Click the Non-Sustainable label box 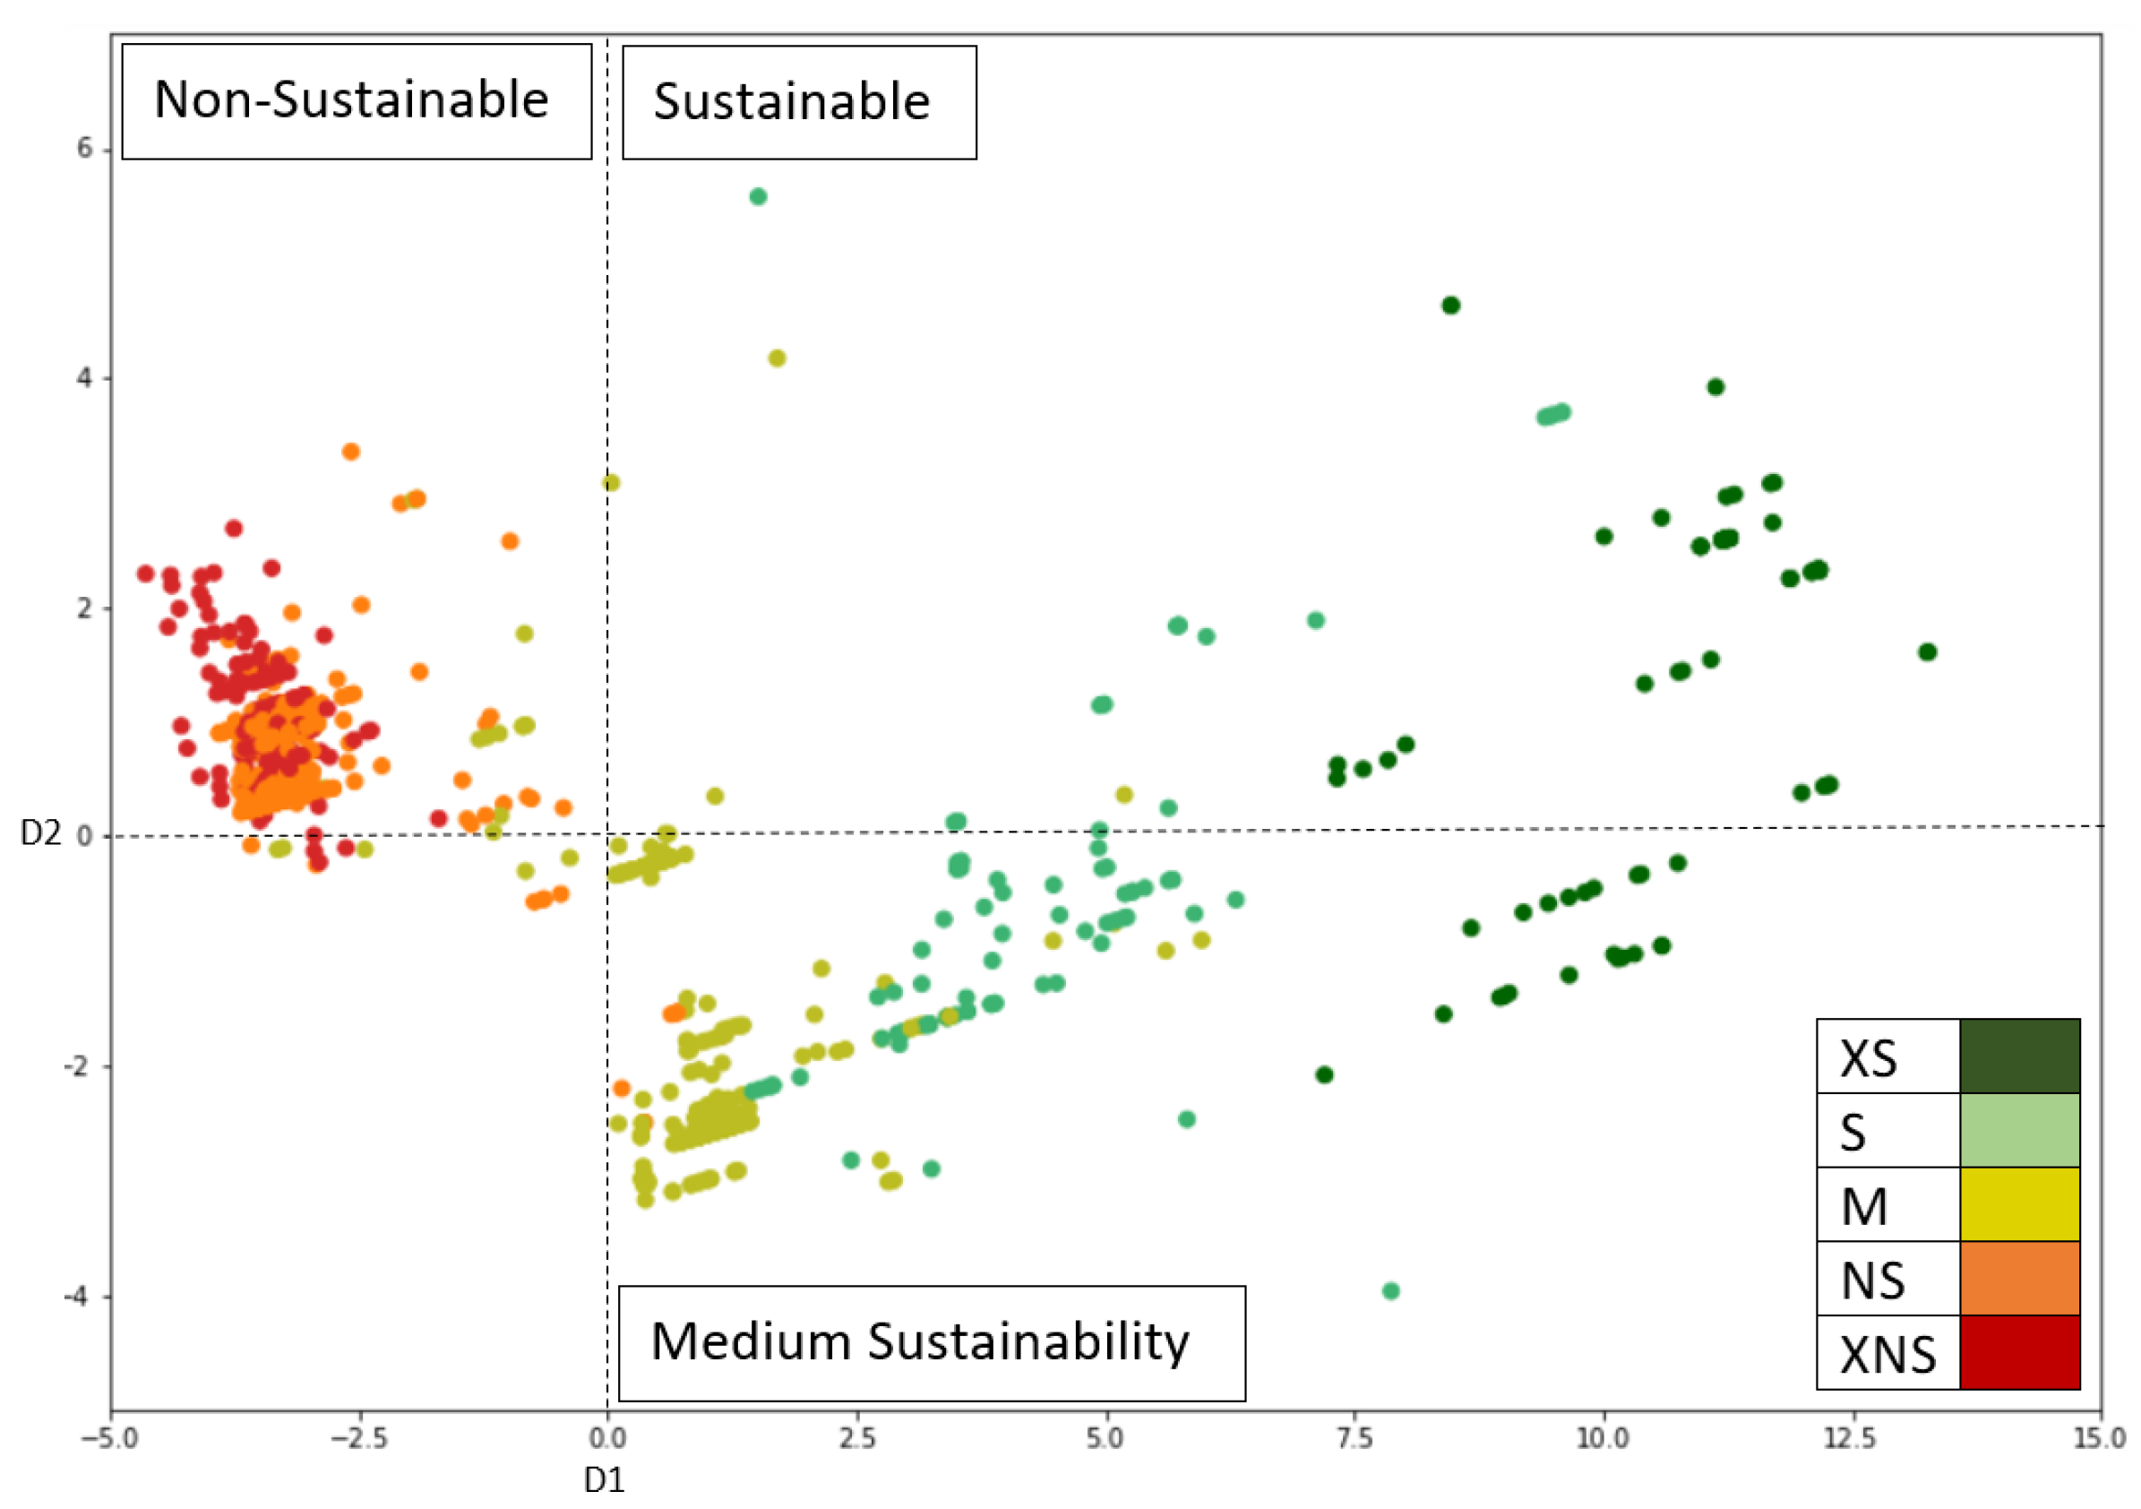click(x=357, y=100)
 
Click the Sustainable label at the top click(x=798, y=101)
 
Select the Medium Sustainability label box click(x=931, y=1343)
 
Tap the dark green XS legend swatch click(x=2020, y=1056)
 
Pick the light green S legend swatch click(x=2020, y=1130)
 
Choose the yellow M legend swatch click(x=2020, y=1204)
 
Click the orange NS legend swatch click(x=2020, y=1278)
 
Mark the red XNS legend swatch click(x=2020, y=1352)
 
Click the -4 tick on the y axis click(x=81, y=1297)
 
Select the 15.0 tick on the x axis click(x=2099, y=1438)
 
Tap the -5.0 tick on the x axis click(x=110, y=1438)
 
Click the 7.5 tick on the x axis click(x=1354, y=1438)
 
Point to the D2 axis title click(x=40, y=833)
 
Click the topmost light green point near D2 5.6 click(x=758, y=197)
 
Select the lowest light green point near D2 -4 click(x=1390, y=1290)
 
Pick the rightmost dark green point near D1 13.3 click(x=1928, y=652)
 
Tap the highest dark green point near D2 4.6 click(x=1451, y=305)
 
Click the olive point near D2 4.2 click(x=777, y=358)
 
